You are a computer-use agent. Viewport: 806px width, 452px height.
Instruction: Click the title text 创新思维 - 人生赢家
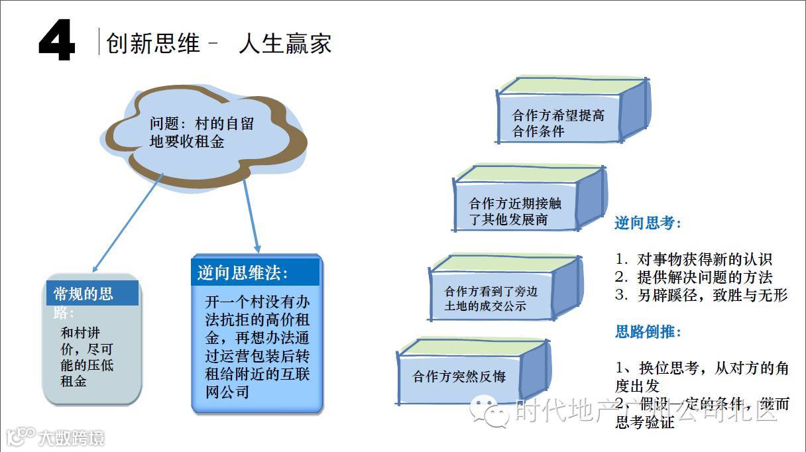click(x=218, y=44)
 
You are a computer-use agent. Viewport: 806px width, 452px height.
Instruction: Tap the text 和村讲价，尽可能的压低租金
click(x=87, y=357)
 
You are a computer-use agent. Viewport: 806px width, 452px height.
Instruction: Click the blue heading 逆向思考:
click(x=648, y=223)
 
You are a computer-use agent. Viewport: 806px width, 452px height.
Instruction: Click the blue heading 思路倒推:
click(x=648, y=331)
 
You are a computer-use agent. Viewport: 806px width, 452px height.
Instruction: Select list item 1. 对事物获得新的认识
click(x=693, y=259)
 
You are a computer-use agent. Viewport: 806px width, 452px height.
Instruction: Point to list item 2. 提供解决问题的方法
click(x=693, y=277)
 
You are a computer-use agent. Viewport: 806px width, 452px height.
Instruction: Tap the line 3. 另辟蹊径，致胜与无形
click(x=701, y=295)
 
